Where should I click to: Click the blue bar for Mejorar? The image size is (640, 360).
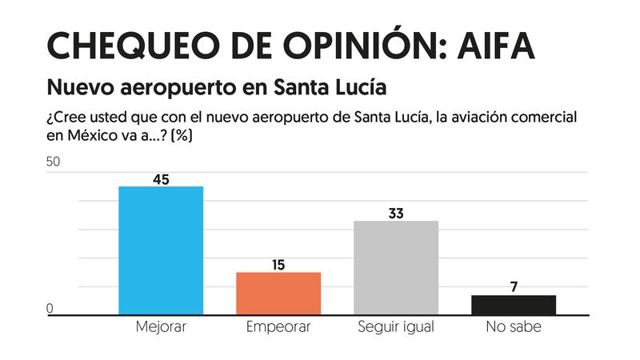[161, 250]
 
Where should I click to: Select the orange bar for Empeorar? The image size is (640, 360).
[278, 294]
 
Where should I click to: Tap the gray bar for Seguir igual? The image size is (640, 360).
[396, 267]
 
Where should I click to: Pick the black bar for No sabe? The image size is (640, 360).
[514, 305]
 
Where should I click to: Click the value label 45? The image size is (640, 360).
[161, 179]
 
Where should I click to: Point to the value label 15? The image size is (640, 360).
[278, 265]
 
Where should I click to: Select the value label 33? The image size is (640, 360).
[396, 214]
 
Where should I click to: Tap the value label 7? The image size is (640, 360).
[514, 287]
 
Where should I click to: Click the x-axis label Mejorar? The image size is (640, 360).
[161, 327]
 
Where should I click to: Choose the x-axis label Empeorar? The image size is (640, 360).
[278, 327]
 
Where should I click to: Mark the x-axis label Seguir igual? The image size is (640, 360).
[396, 327]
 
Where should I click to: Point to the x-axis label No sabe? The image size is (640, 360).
[514, 327]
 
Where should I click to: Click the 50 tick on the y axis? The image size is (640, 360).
[54, 162]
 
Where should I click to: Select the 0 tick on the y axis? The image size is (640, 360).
[50, 309]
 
